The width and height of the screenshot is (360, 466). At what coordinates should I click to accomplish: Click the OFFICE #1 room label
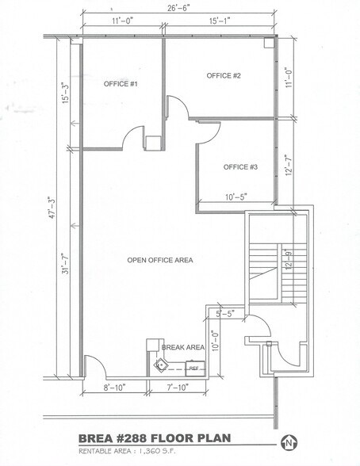121,83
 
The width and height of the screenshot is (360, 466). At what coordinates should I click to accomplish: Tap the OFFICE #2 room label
223,75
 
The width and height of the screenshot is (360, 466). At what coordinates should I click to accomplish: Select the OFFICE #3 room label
240,166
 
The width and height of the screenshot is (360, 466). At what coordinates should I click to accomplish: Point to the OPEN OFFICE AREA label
160,260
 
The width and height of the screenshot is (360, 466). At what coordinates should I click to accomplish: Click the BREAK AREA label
183,347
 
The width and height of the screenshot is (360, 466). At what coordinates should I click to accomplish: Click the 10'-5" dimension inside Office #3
236,195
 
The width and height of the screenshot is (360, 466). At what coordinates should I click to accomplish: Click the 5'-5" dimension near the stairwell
225,312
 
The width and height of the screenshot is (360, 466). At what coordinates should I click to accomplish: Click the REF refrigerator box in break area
193,368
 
